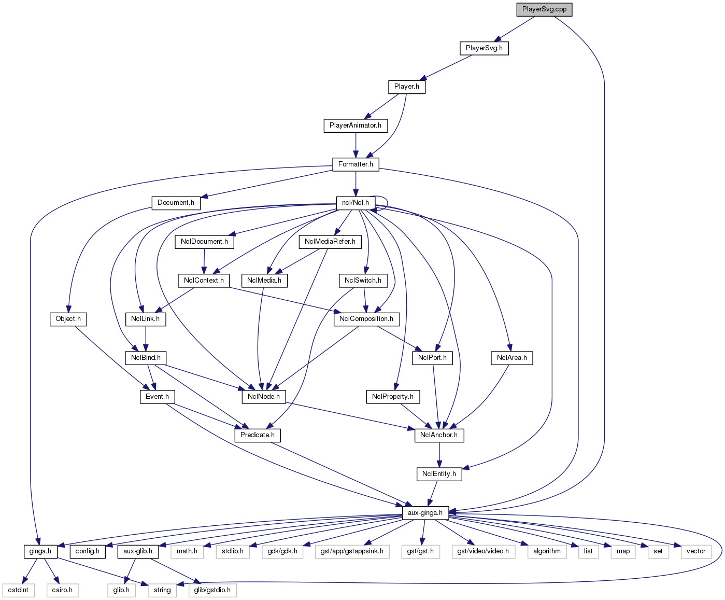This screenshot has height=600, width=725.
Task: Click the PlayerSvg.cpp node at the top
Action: point(544,9)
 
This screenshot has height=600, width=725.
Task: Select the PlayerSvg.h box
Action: point(484,48)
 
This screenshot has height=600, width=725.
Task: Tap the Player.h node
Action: point(406,87)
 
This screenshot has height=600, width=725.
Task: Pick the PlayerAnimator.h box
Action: point(355,125)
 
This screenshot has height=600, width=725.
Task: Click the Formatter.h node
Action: point(356,164)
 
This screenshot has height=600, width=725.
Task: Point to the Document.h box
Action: point(176,203)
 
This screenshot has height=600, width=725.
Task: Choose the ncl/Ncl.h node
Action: point(356,203)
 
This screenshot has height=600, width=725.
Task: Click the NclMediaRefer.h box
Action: point(330,242)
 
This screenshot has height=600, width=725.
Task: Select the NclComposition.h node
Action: point(366,319)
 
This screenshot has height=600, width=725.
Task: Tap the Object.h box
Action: point(68,319)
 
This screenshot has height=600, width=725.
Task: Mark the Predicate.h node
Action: point(258,435)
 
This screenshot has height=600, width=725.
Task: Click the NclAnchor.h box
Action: point(439,435)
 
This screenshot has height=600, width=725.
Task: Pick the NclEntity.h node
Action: point(439,474)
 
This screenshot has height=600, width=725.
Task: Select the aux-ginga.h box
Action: point(425,513)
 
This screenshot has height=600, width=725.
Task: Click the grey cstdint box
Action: point(18,590)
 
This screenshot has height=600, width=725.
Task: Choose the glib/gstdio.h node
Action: point(212,590)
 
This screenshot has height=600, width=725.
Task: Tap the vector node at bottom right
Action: point(696,551)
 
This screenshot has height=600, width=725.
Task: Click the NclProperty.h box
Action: point(393,397)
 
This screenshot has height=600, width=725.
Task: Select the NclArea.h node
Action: point(511,358)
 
